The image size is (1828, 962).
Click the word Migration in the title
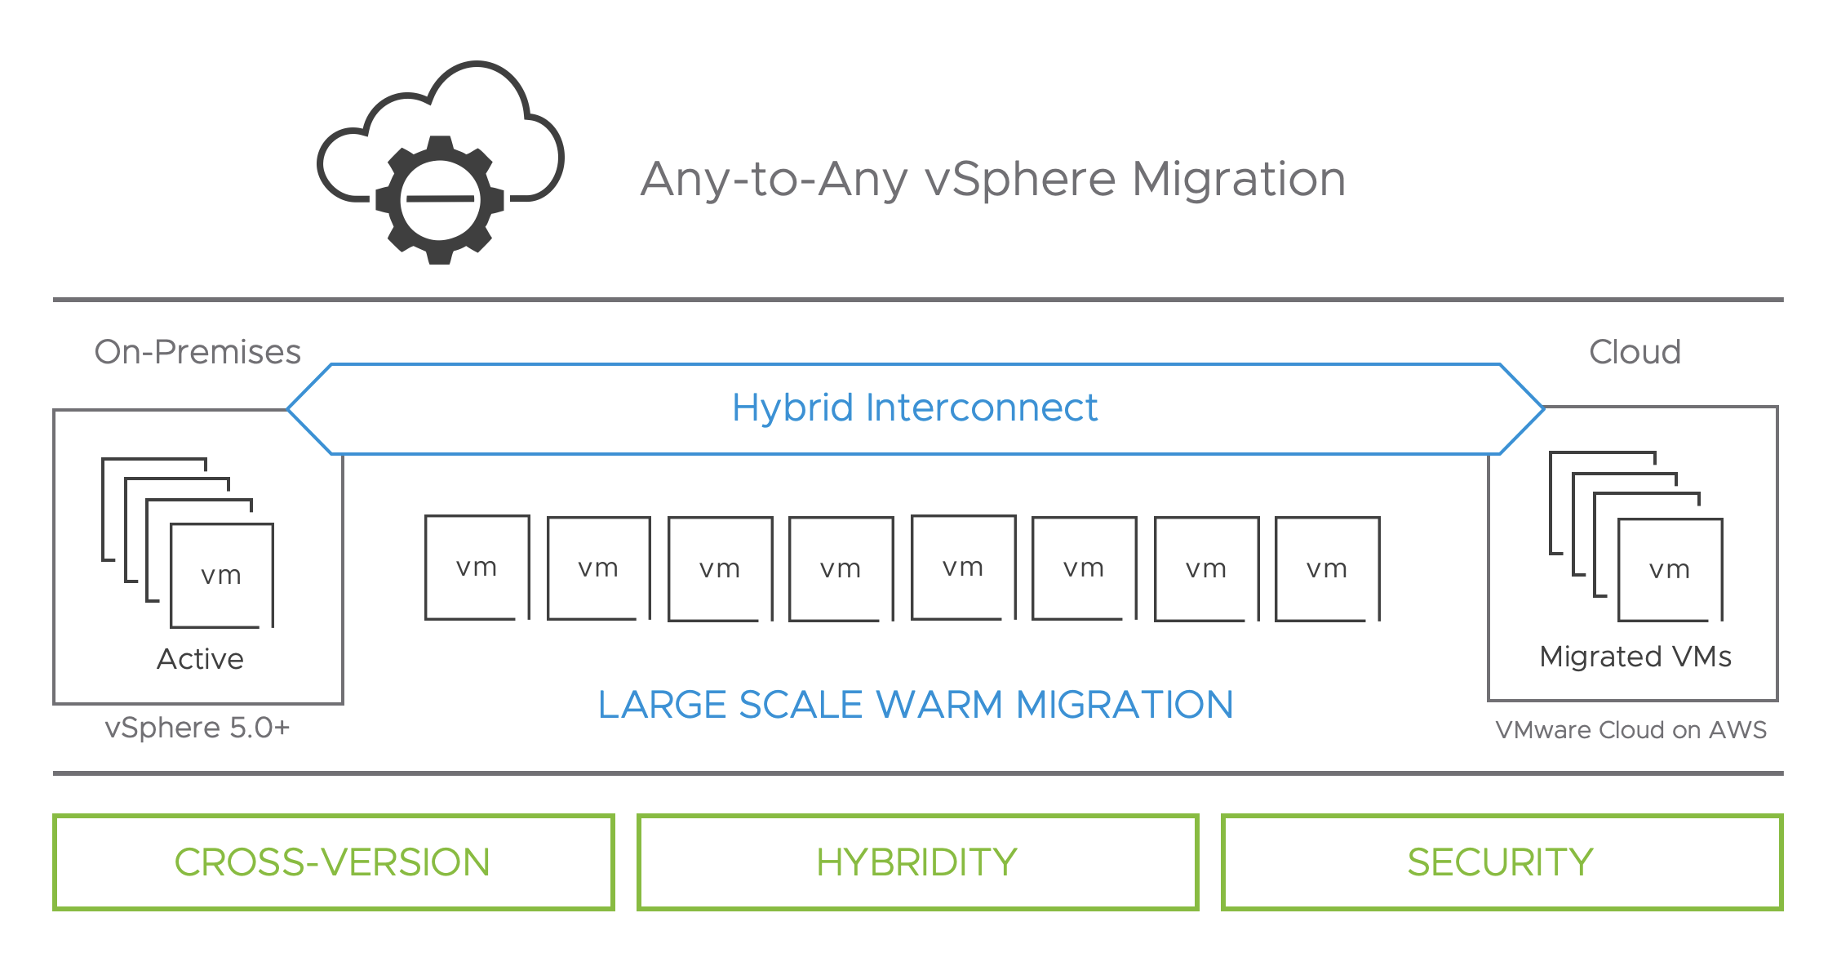(x=1238, y=179)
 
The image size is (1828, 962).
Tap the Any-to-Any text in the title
(x=774, y=179)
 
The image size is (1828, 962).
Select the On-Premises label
(x=197, y=352)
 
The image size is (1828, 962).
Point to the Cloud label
(x=1635, y=352)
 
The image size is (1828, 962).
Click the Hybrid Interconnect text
(x=914, y=408)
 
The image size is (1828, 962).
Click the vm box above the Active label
(x=221, y=575)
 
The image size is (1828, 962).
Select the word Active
(x=200, y=659)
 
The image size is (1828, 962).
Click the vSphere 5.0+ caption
(x=197, y=728)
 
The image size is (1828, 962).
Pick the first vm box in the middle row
(x=477, y=568)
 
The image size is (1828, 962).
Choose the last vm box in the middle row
(x=1327, y=568)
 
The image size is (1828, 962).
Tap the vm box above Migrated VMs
(x=1670, y=569)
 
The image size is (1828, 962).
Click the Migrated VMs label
(x=1635, y=657)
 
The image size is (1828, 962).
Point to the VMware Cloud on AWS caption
(x=1631, y=729)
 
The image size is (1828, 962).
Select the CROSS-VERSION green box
(x=333, y=862)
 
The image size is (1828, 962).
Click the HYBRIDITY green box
(x=917, y=862)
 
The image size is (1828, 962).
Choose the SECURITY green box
(x=1501, y=862)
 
